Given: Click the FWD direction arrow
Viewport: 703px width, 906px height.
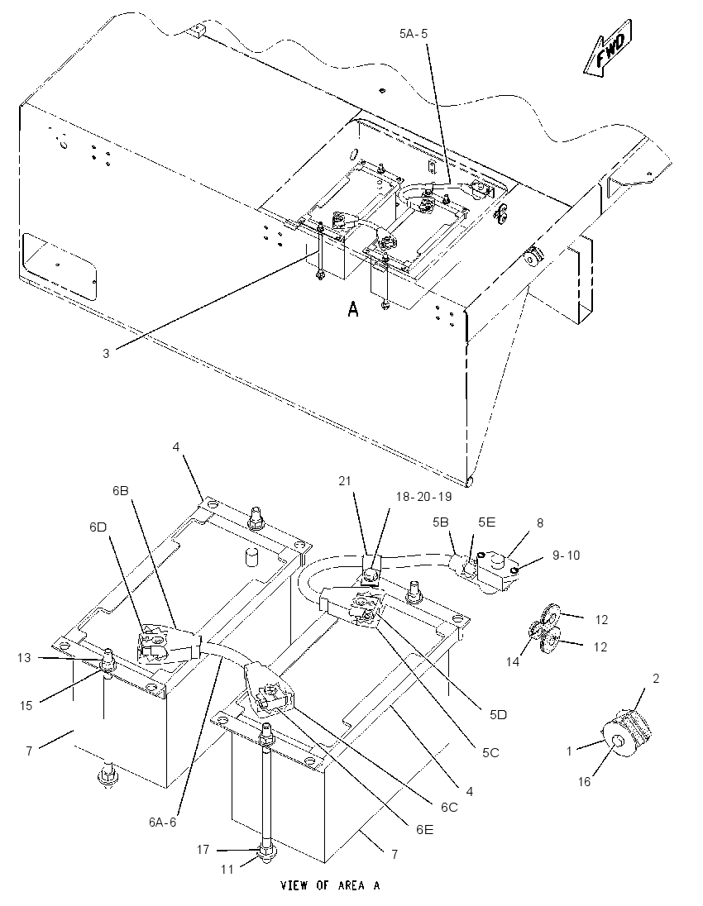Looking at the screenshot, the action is point(607,47).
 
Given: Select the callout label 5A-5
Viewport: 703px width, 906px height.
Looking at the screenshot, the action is point(414,34).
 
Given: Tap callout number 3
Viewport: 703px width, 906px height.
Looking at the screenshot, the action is point(106,353).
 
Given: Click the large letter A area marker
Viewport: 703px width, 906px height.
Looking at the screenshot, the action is point(352,310).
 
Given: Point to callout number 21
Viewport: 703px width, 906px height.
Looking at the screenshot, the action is point(345,481).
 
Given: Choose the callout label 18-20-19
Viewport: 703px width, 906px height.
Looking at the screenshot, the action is point(423,497).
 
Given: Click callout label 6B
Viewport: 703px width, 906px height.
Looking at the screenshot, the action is point(120,490).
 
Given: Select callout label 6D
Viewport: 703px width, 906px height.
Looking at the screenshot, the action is point(98,527).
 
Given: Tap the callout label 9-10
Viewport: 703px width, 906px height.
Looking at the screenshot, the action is point(566,556).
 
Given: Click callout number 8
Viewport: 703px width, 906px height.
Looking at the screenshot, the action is point(540,523).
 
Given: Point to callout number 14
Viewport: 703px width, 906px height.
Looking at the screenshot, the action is point(513,662).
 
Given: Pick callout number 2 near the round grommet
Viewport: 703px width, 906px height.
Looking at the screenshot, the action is point(656,679).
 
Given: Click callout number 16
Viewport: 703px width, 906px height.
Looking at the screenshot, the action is point(584,781).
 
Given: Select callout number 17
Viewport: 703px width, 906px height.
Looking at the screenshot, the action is point(203,850).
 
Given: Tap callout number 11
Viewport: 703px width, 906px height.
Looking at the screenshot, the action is point(227,869).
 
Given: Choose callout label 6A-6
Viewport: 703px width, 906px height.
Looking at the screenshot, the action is point(162,823).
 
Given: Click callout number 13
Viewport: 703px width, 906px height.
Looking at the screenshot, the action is point(24,657).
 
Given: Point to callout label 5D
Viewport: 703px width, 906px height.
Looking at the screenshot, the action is point(498,715).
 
